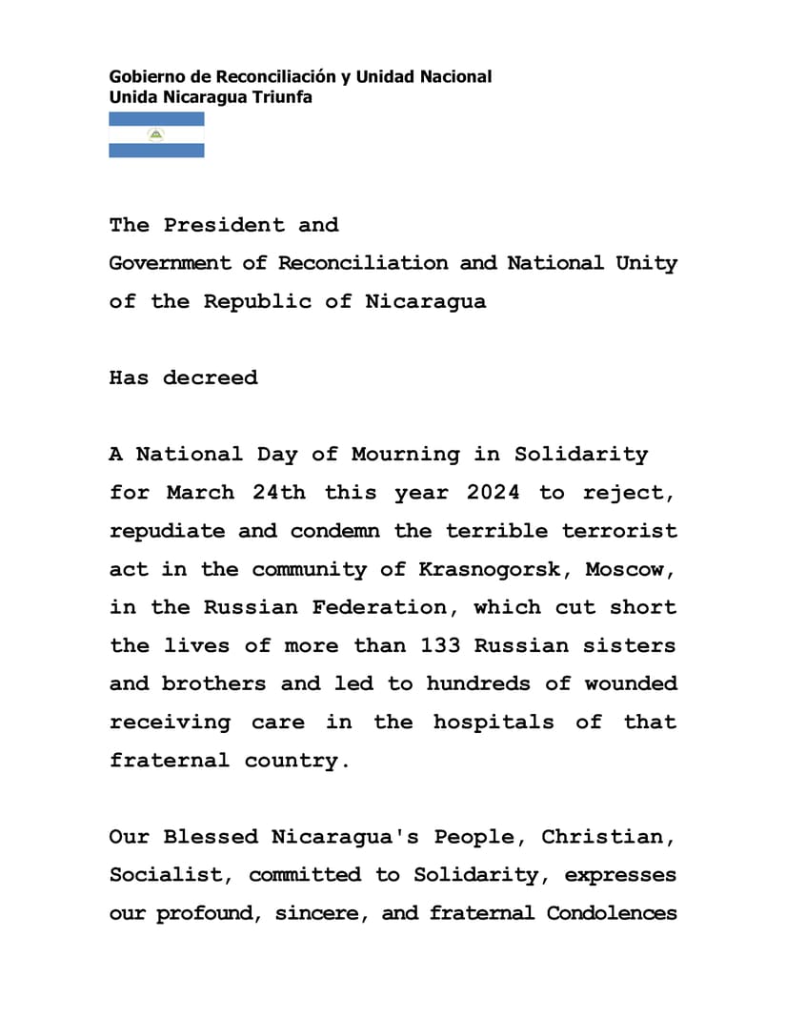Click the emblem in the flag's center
[x=156, y=134]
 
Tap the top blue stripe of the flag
[x=156, y=119]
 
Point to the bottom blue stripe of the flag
[x=156, y=151]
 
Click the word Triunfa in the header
[x=282, y=97]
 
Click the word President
[x=224, y=226]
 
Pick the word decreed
[x=210, y=378]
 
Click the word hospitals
[x=494, y=722]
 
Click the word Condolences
[x=612, y=913]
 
